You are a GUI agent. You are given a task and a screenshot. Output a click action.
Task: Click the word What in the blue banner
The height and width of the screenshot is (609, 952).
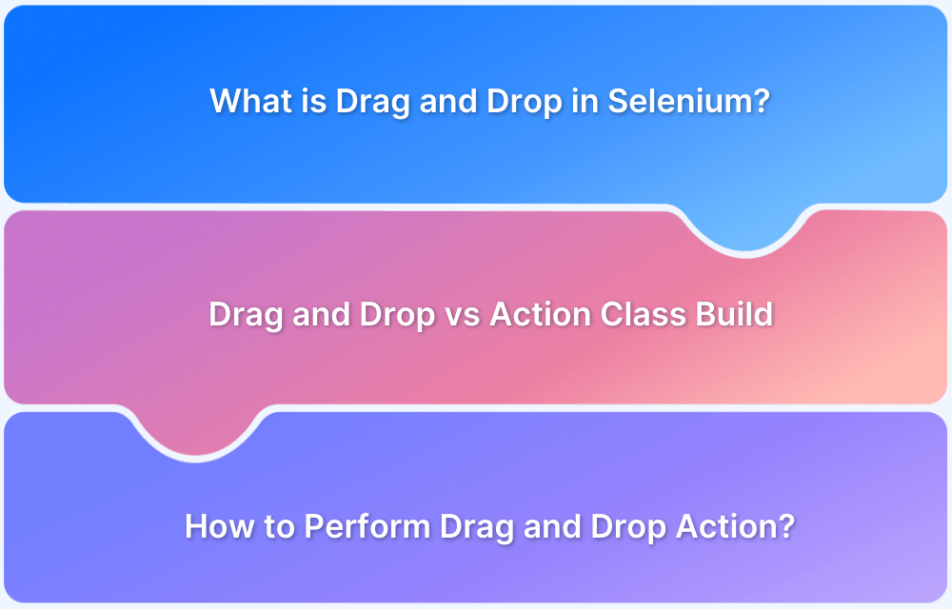[x=249, y=101]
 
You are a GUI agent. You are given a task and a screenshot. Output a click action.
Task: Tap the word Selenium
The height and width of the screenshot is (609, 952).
[x=680, y=101]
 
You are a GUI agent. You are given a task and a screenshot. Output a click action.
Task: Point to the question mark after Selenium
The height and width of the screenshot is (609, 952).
[x=762, y=101]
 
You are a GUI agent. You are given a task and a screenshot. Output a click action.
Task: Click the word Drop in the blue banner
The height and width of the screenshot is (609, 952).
[x=524, y=102]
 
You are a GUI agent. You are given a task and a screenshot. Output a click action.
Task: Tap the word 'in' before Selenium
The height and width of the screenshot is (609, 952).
[x=585, y=101]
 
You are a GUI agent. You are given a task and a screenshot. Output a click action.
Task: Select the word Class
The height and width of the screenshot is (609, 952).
[x=643, y=314]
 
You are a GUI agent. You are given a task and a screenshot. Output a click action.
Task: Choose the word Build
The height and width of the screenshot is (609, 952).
[x=734, y=314]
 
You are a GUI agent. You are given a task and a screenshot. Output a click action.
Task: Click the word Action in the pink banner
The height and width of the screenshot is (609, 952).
[x=541, y=314]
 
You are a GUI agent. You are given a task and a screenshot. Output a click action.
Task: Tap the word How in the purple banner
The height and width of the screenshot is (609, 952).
[x=220, y=526]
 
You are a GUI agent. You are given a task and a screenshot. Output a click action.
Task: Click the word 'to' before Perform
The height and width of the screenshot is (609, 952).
[x=279, y=526]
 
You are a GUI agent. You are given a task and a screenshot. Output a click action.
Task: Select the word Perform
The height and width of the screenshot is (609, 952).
[x=367, y=526]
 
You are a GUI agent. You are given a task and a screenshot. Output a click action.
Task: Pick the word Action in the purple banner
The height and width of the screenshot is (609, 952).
[x=726, y=526]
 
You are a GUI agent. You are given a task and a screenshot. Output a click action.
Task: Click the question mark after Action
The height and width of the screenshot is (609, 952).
[x=787, y=526]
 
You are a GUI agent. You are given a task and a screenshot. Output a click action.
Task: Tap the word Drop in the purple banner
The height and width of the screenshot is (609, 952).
[x=628, y=527]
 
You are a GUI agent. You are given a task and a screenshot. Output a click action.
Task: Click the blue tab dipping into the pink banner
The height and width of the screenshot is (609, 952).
[x=745, y=227]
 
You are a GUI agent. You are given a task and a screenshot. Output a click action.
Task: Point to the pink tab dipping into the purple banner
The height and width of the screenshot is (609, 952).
[x=195, y=431]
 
